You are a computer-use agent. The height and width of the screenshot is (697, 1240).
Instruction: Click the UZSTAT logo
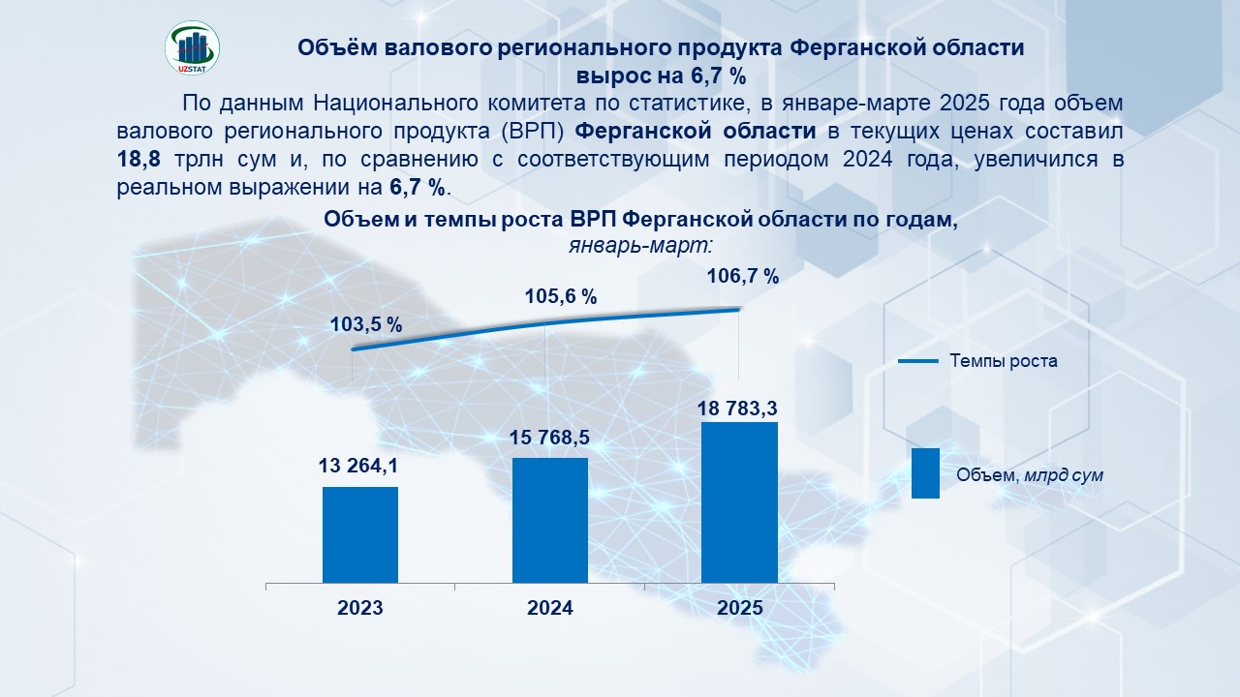[193, 47]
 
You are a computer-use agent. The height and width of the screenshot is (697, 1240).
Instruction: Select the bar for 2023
[360, 534]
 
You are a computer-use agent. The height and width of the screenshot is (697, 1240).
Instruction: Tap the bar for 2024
[549, 520]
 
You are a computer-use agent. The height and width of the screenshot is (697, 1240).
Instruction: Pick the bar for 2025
[739, 502]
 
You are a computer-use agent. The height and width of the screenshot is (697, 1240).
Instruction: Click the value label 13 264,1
[358, 467]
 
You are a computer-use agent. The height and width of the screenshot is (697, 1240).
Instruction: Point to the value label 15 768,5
[549, 438]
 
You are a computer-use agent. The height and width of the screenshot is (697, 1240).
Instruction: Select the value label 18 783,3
[738, 409]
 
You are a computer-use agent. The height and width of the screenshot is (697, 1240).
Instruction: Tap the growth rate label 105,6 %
[560, 297]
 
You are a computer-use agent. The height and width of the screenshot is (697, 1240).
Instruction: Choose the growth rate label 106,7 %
[743, 276]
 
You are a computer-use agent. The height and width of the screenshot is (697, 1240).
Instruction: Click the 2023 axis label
[360, 609]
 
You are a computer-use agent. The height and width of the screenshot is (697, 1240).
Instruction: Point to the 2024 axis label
[549, 609]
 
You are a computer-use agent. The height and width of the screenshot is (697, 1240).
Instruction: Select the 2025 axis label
[739, 609]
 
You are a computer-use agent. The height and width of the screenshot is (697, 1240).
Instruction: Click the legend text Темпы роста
[1003, 361]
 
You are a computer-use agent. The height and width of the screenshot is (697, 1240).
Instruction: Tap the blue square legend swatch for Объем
[925, 473]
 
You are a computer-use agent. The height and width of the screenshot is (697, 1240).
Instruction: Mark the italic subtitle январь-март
[640, 245]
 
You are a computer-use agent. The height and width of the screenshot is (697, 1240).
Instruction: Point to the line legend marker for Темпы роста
[918, 361]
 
